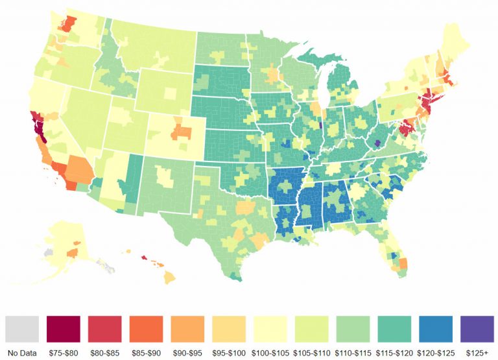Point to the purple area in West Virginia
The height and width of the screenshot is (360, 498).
tap(378, 142)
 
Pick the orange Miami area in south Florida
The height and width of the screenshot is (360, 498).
tap(403, 263)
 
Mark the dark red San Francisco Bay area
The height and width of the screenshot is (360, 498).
tap(38, 123)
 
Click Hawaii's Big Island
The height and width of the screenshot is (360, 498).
tap(169, 277)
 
